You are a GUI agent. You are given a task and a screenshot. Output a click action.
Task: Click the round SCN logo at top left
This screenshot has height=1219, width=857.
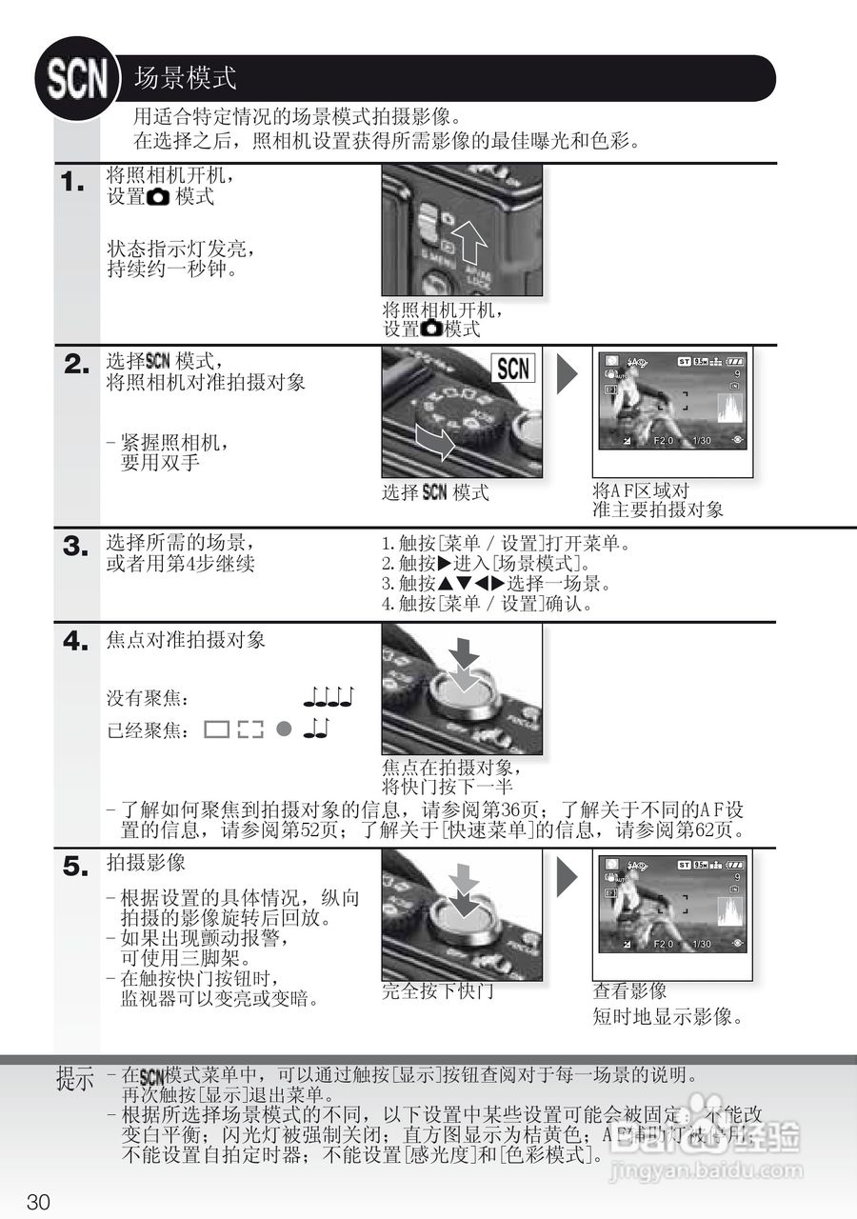click(77, 78)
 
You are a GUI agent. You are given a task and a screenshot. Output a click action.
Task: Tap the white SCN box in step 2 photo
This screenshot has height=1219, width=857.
click(514, 369)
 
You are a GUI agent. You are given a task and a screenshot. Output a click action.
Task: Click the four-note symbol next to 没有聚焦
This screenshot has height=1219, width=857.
click(329, 699)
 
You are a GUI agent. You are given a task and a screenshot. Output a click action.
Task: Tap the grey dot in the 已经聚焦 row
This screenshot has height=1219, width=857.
click(282, 729)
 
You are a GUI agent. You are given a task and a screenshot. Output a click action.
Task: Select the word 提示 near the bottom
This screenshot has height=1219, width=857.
click(75, 1081)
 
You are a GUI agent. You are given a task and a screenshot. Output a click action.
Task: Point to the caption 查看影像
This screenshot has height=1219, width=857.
click(629, 991)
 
